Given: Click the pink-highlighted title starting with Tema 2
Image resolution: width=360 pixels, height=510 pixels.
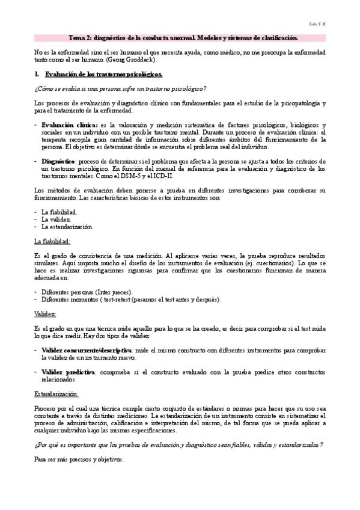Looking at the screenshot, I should point(180,38).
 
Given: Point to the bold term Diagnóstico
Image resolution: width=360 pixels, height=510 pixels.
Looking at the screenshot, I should point(58,161).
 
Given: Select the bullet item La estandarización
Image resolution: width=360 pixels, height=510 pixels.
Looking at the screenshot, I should point(67,227).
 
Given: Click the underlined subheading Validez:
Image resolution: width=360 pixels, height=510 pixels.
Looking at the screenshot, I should point(46,315).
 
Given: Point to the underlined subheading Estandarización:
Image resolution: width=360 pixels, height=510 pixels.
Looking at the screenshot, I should point(57,394).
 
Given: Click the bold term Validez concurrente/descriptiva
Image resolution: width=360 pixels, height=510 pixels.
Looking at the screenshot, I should point(87,351).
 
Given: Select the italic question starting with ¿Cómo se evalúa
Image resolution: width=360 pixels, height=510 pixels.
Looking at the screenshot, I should point(120,89).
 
